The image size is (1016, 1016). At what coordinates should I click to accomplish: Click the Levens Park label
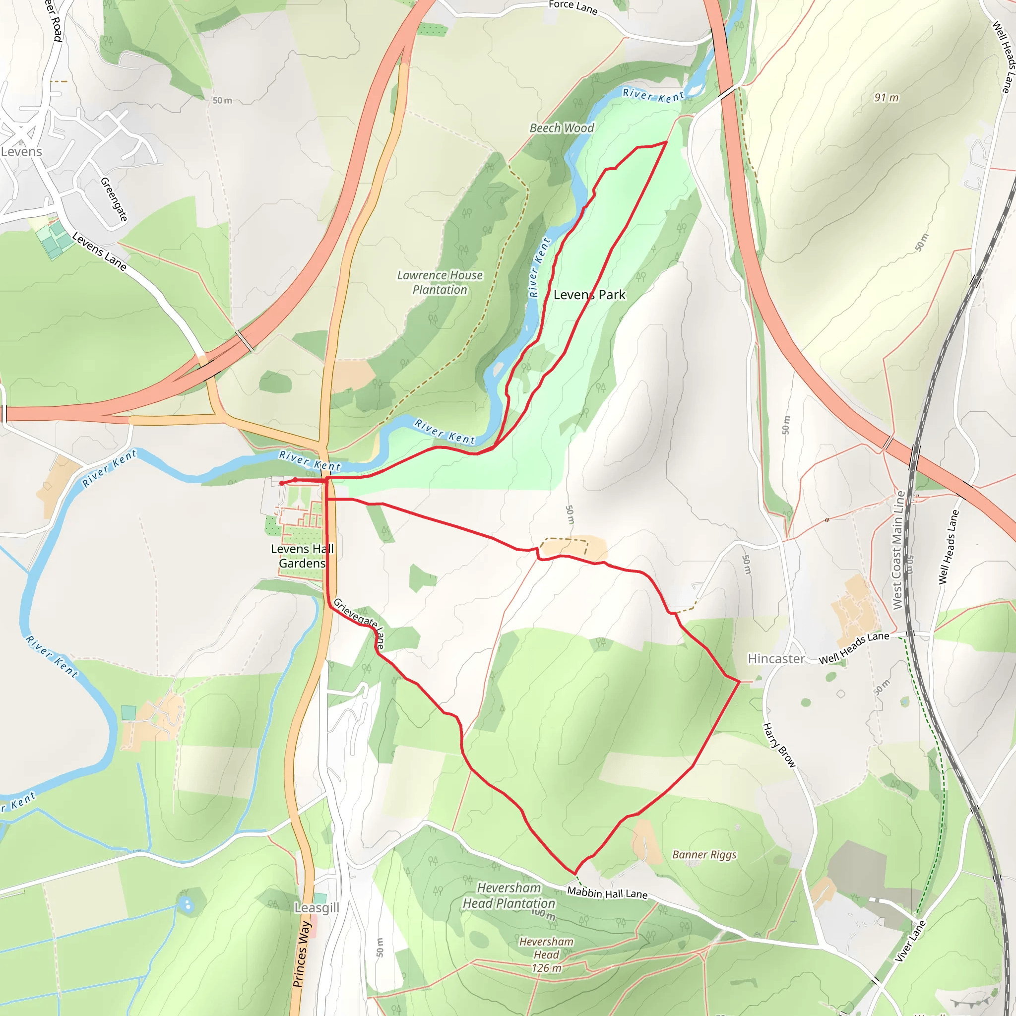coord(589,295)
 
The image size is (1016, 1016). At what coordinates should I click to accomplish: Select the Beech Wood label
coord(562,128)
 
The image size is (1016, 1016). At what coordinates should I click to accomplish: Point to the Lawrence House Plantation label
coord(440,282)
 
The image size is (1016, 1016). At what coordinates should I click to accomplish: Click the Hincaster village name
coord(776,659)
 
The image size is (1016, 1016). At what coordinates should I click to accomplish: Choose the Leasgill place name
coord(317,908)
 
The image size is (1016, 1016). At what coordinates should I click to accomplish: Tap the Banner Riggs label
coord(704,855)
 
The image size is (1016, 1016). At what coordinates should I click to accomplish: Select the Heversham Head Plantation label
coord(508,895)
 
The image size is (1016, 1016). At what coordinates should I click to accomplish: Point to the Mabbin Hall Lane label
coord(607,893)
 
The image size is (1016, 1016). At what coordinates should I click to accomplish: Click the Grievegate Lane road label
coord(359,623)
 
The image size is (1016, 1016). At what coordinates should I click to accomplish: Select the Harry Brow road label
coord(779,745)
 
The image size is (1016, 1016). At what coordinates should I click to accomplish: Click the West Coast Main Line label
coord(899,550)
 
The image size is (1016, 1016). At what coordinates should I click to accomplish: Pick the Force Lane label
coord(572,7)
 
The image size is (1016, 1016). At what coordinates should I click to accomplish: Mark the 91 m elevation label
coord(886,98)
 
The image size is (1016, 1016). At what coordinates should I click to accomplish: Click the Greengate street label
coord(114,199)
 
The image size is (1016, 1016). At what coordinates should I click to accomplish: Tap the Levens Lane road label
coord(99,252)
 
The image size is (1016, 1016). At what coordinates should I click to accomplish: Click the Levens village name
coord(21,152)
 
